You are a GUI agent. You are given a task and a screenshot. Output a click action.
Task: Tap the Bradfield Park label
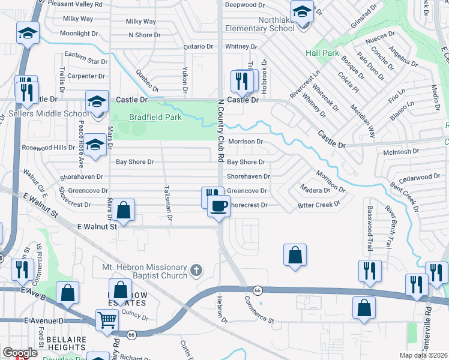tap(155, 118)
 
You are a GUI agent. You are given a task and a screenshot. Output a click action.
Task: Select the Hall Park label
tap(322, 53)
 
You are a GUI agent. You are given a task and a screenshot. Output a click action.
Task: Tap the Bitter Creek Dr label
tap(319, 205)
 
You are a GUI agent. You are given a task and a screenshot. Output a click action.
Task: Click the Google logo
tap(20, 353)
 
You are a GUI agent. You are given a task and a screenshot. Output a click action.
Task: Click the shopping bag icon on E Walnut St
tap(124, 211)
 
